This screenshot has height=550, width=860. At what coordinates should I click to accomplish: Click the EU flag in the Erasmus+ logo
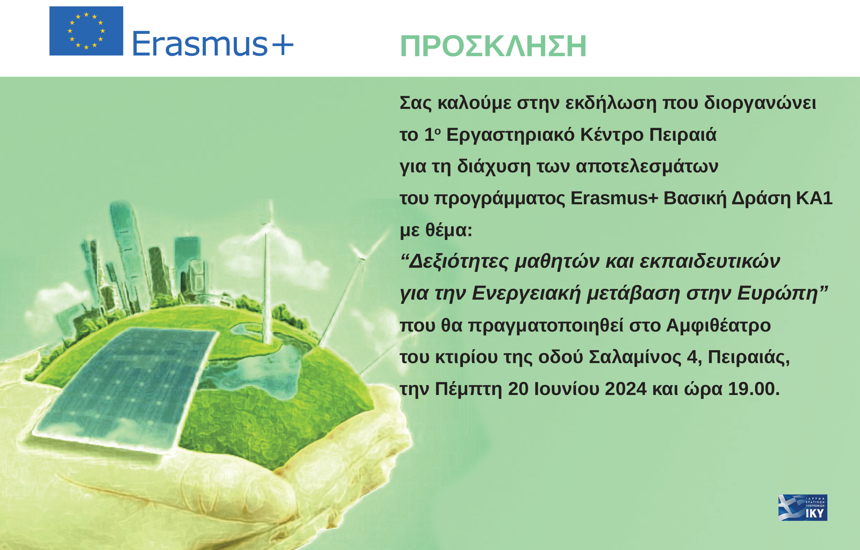click(x=86, y=31)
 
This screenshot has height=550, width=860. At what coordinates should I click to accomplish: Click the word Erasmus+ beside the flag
click(x=213, y=44)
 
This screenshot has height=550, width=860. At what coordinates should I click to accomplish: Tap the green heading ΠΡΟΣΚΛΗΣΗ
click(x=493, y=46)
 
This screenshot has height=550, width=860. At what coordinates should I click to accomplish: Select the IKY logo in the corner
click(x=803, y=507)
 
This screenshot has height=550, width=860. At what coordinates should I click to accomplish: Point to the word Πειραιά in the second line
click(x=682, y=135)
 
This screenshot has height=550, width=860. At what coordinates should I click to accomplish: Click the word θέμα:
click(x=449, y=230)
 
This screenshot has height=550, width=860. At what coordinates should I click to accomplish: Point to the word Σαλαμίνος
click(x=635, y=358)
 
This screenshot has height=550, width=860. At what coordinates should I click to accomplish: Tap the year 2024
click(x=625, y=389)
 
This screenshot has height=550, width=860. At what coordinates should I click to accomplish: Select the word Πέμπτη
click(x=468, y=389)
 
